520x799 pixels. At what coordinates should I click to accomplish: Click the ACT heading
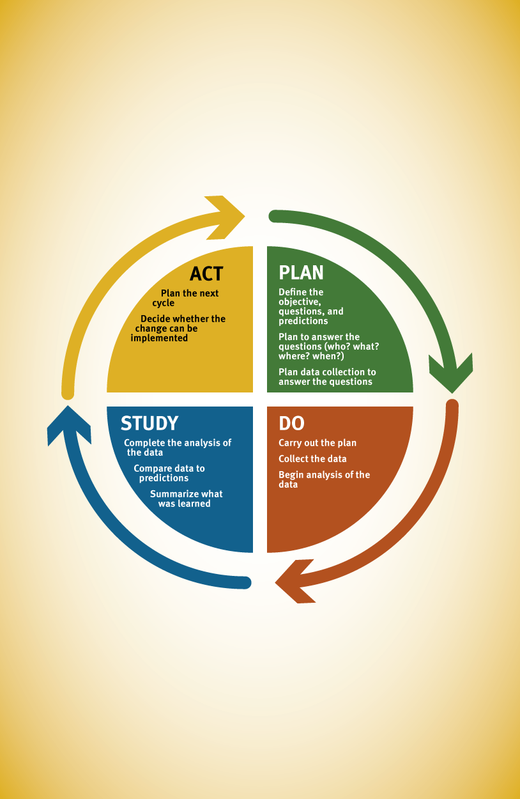(206, 274)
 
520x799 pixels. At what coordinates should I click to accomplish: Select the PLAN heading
(301, 273)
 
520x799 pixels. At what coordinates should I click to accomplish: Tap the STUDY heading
(149, 423)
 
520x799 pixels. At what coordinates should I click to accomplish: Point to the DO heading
(291, 423)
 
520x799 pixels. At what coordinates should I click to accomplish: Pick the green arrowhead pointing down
(451, 373)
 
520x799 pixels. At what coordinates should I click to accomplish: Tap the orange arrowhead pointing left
(295, 581)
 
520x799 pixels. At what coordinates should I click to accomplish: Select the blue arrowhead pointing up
(69, 425)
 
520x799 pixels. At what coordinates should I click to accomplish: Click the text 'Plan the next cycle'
(185, 299)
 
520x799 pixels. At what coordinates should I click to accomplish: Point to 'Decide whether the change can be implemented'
(178, 329)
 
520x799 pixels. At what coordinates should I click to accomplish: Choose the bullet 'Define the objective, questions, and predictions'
(311, 307)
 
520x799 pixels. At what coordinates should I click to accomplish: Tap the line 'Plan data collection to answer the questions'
(327, 377)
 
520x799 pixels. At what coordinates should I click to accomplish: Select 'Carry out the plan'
(317, 443)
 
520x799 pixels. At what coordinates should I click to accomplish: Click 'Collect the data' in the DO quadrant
(312, 459)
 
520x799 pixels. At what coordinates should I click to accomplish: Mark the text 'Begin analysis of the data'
(325, 480)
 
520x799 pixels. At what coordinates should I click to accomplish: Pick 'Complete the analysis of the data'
(178, 447)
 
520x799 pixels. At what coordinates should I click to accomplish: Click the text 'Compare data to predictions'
(169, 474)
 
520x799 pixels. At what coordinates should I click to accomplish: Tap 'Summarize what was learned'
(186, 499)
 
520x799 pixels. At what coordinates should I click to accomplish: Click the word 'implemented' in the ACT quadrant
(159, 338)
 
